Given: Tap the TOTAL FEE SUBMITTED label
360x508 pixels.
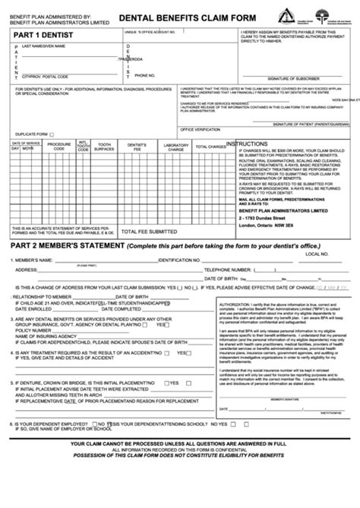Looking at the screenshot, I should click(152, 232).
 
